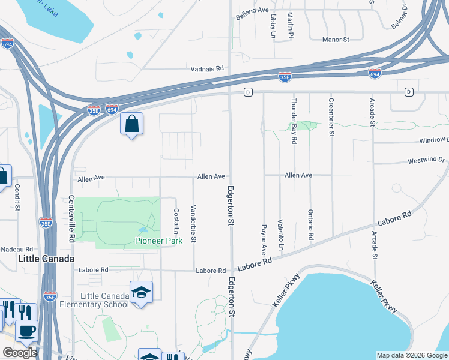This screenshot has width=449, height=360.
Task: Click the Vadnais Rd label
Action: coord(207,69)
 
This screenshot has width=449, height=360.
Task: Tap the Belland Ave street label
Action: coord(252,11)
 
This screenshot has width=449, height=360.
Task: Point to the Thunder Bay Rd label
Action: coord(294,121)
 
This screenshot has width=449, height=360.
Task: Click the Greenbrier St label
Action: coord(331,116)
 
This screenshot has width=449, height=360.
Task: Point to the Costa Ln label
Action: coord(176,221)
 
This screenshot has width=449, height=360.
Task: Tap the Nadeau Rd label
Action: coord(17,249)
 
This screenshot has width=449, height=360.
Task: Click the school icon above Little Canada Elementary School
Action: coord(141,293)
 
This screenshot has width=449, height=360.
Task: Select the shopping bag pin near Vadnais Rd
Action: coord(131,125)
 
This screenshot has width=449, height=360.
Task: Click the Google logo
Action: coord(19,353)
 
